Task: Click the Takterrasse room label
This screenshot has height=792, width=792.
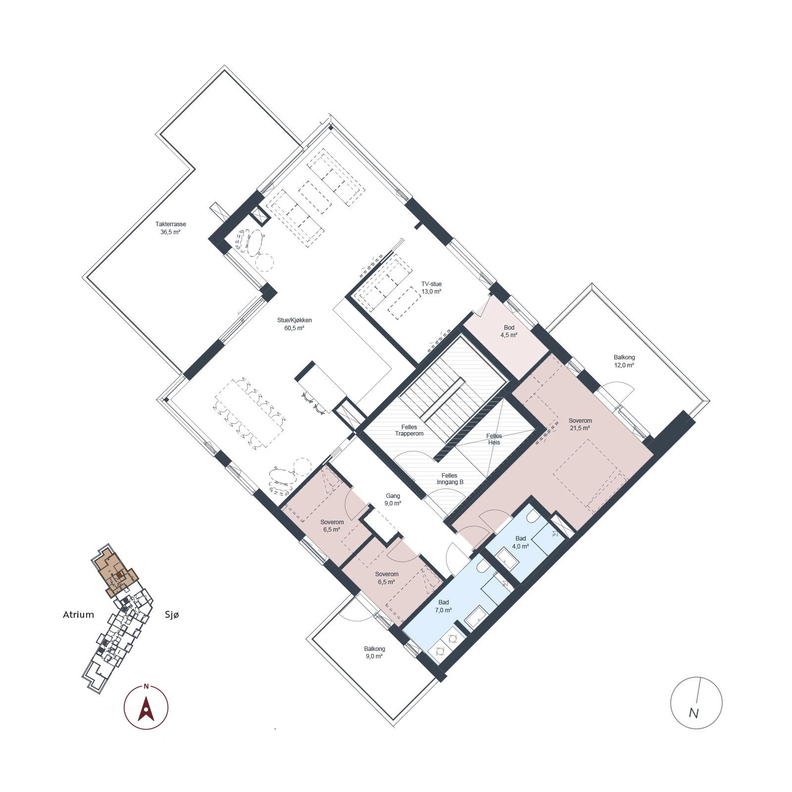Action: [170, 228]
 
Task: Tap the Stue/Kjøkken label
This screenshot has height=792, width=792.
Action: [295, 324]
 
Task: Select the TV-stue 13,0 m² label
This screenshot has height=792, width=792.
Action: [431, 288]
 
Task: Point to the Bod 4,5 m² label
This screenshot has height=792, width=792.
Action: [509, 331]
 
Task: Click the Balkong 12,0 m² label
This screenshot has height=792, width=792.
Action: [624, 361]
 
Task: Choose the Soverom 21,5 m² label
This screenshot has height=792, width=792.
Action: [580, 424]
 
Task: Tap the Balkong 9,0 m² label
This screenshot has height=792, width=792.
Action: [374, 652]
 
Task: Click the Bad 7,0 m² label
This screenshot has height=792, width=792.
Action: [444, 606]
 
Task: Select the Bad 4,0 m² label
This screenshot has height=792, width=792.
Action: [520, 542]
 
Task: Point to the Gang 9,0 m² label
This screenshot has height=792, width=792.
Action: [393, 499]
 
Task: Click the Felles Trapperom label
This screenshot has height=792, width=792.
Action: [409, 430]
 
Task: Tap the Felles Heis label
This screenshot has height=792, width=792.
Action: [494, 439]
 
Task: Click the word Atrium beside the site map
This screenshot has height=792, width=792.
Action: [78, 615]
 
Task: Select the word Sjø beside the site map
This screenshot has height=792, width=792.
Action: [172, 615]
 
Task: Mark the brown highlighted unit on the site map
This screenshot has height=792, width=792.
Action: [115, 572]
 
